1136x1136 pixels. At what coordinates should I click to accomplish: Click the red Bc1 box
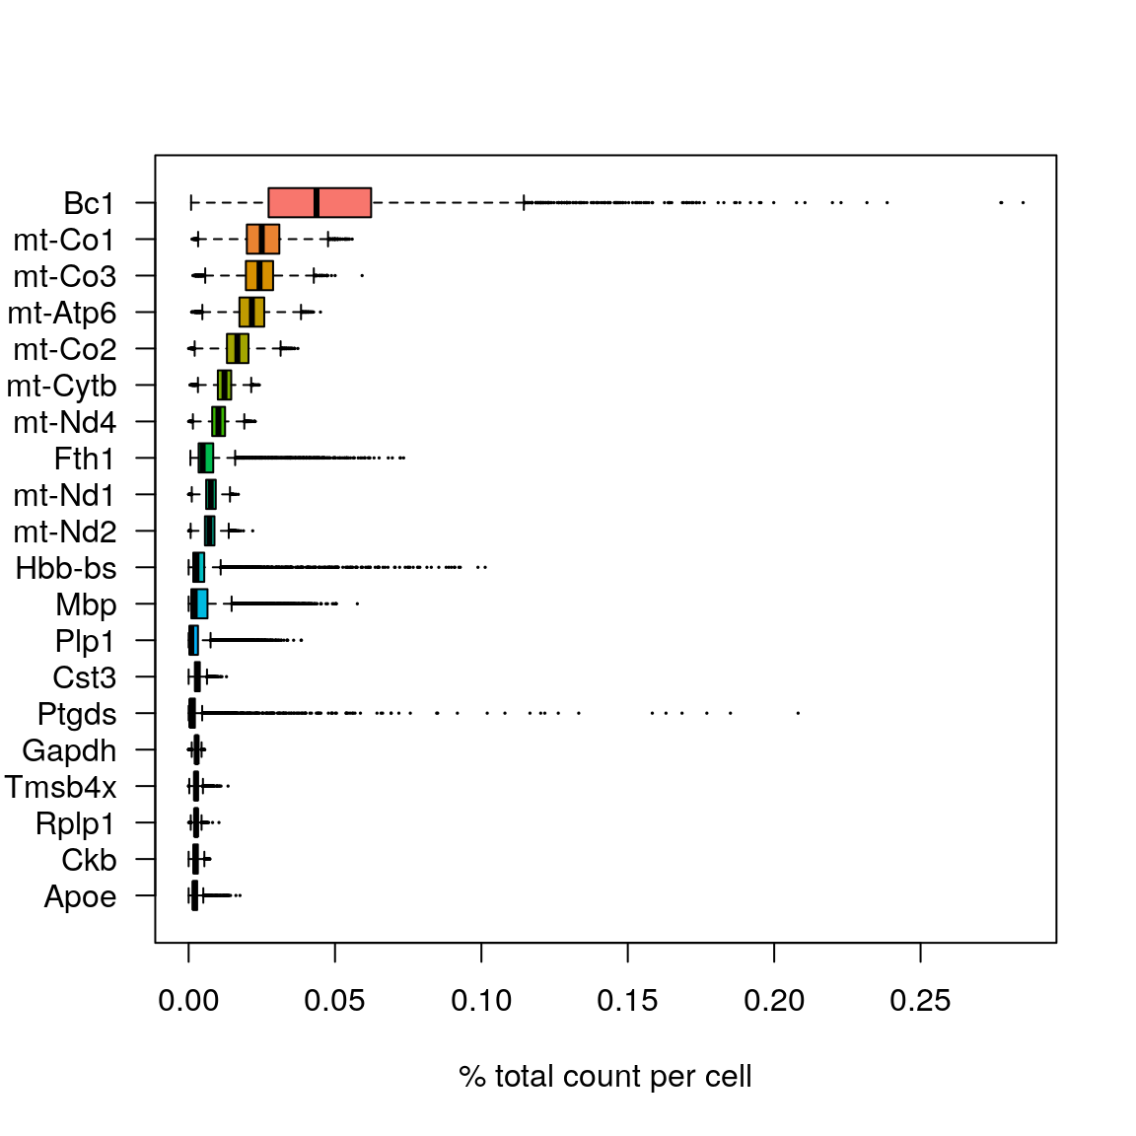[340, 202]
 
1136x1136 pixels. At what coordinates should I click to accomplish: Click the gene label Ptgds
[77, 714]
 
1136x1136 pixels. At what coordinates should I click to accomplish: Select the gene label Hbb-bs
[66, 568]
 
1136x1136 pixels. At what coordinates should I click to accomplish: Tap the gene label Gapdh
[69, 750]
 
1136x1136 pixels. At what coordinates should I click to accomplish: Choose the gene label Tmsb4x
[60, 787]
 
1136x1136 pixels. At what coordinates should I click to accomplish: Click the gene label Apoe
[80, 896]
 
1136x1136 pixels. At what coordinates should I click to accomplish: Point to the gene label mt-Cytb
[61, 386]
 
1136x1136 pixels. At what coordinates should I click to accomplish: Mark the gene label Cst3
[85, 677]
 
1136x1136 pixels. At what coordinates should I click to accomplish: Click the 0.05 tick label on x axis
[334, 1001]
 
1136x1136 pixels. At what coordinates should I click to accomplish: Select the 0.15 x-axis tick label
[627, 1001]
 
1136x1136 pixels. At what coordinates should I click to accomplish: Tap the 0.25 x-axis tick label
[920, 1001]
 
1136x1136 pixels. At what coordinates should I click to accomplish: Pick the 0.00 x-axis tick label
[188, 1001]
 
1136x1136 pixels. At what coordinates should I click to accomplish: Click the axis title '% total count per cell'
[604, 1076]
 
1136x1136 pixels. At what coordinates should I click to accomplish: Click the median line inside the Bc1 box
[316, 202]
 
